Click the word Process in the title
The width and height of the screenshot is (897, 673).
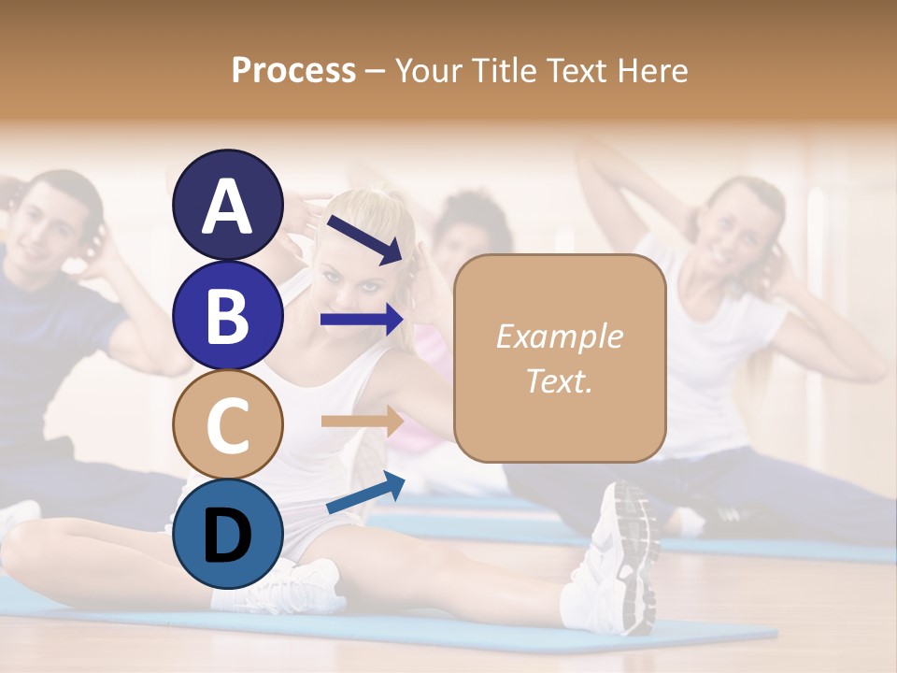(293, 71)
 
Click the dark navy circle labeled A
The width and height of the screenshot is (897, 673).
(227, 206)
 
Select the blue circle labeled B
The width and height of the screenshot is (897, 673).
(227, 316)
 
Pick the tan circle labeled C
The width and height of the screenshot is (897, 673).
(227, 426)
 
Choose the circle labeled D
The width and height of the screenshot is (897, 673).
(227, 536)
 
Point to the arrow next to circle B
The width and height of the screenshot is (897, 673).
(362, 320)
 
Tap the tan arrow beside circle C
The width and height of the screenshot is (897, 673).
(362, 422)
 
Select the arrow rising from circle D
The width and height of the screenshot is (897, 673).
(365, 494)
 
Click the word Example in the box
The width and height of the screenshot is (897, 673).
(559, 336)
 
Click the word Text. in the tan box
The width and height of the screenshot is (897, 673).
(559, 380)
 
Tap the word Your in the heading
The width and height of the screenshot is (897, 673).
(429, 71)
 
